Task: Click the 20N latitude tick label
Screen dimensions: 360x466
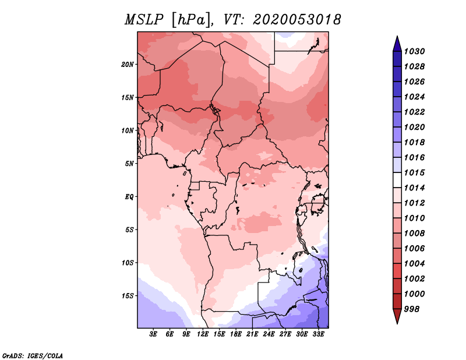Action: coord(128,64)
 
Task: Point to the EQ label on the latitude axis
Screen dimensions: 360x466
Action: coord(129,196)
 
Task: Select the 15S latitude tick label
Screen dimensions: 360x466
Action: coord(128,295)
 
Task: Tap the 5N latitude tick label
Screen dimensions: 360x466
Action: coord(129,163)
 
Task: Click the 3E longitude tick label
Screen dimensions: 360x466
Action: coord(153,334)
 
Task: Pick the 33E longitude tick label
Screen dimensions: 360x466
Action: coord(318,334)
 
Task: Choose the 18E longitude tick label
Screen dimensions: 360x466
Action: coord(235,334)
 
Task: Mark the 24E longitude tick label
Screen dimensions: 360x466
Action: coord(269,334)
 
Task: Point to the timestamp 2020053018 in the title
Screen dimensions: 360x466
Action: coord(296,19)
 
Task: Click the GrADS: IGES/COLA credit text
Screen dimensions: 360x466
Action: coord(33,355)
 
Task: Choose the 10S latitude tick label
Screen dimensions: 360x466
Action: coord(128,262)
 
